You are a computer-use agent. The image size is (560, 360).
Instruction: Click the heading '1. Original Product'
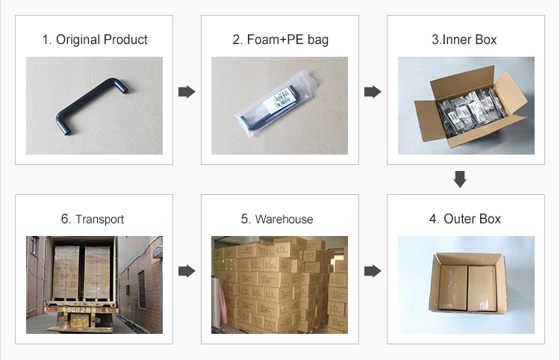[94, 40]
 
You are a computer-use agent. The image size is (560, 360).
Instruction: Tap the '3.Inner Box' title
[464, 40]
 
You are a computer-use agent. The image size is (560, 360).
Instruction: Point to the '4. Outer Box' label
[464, 219]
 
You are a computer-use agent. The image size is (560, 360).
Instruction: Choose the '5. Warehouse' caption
[277, 219]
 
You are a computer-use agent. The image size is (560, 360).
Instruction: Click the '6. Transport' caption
[93, 219]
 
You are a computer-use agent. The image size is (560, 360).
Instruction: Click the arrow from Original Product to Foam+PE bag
[187, 92]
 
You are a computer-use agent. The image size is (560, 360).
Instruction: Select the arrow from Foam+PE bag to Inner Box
[373, 92]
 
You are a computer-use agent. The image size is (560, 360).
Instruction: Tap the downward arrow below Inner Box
[461, 179]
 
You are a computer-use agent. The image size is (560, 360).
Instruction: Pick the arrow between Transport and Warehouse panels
[187, 270]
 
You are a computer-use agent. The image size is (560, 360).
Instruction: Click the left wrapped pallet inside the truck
[66, 273]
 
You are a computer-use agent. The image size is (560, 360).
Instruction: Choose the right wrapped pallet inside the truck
[98, 273]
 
